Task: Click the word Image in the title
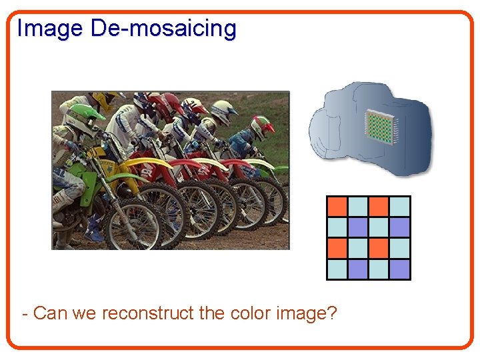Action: (x=50, y=29)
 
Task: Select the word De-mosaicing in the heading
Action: (x=163, y=29)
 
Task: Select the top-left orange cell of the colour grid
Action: (x=337, y=207)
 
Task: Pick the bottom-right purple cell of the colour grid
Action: (x=399, y=269)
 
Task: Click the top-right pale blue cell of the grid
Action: (x=399, y=207)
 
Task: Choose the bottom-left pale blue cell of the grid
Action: (x=337, y=269)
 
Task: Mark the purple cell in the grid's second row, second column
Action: (x=358, y=227)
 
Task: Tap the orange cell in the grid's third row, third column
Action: (x=379, y=248)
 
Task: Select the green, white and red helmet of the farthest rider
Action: (x=262, y=125)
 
